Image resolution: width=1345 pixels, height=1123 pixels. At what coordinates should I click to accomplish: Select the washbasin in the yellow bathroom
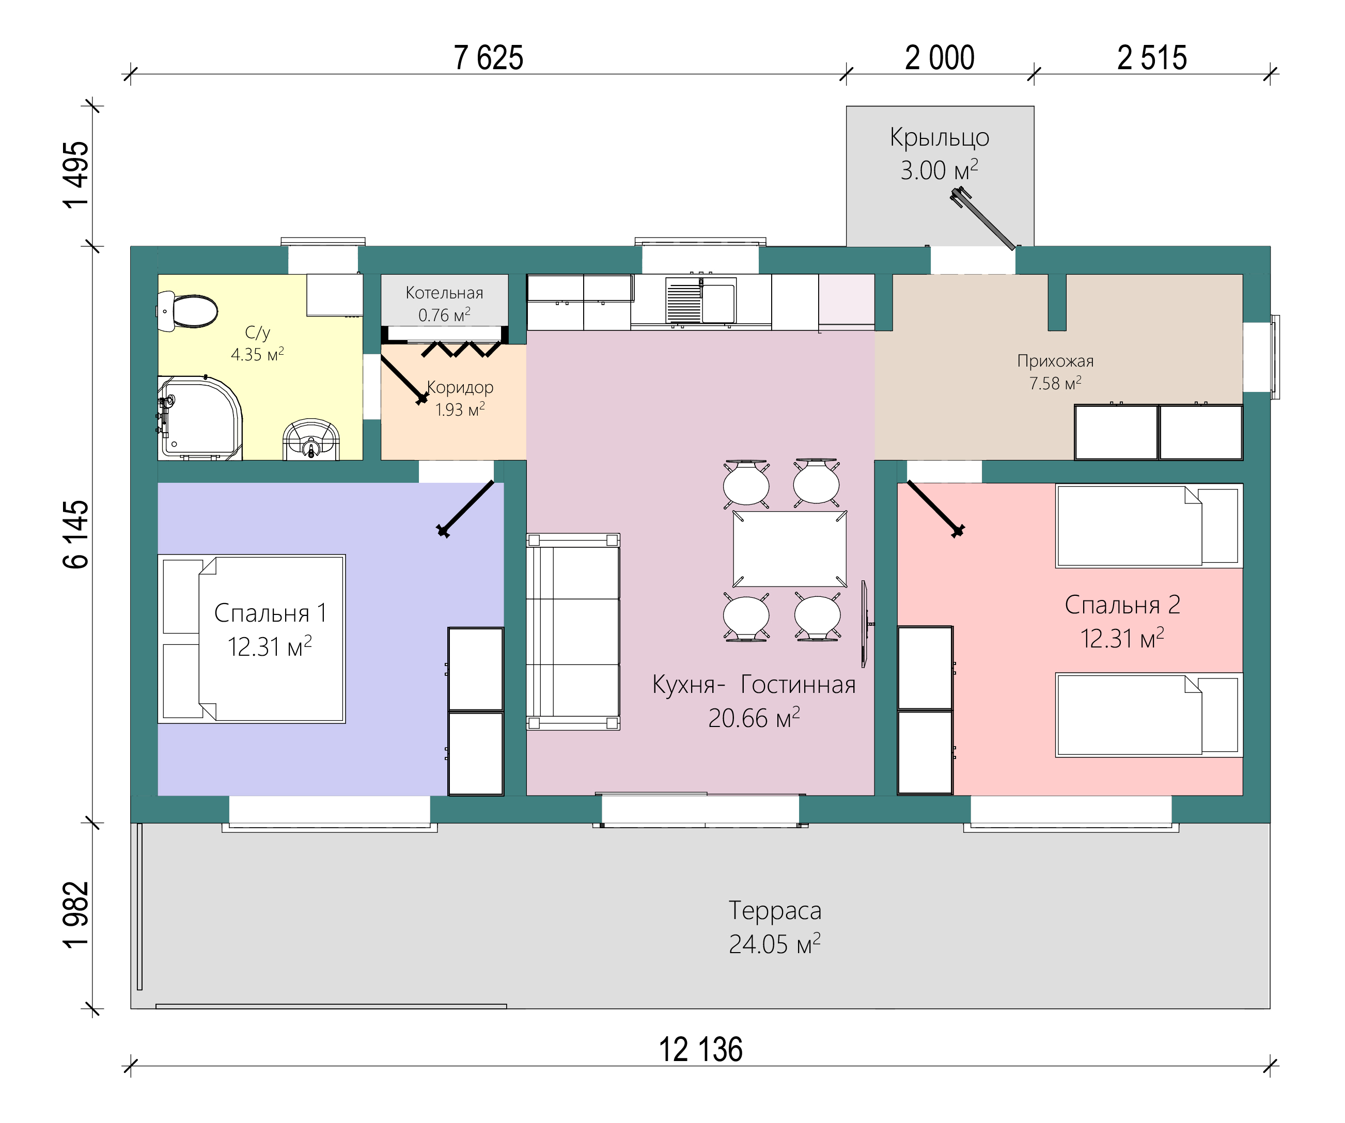coord(311,439)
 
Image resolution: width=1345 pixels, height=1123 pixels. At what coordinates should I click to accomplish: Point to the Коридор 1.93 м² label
coord(460,398)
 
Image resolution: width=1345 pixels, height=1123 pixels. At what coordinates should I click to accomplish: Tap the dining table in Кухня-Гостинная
coord(789,549)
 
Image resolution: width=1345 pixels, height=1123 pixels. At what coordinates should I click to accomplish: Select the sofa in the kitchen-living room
coord(573,631)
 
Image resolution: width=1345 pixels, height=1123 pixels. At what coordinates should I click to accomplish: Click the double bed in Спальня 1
coord(252,639)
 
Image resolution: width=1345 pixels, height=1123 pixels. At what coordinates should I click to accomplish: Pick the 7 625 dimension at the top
coord(489,58)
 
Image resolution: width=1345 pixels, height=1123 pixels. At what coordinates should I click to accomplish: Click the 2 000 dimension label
coord(940,58)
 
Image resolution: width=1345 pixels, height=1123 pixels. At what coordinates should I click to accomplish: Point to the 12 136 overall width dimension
coord(701,1051)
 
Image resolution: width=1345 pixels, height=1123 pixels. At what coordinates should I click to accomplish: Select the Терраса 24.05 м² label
coord(775,927)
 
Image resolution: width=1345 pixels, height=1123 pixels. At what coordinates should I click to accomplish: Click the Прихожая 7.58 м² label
coord(1056,372)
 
